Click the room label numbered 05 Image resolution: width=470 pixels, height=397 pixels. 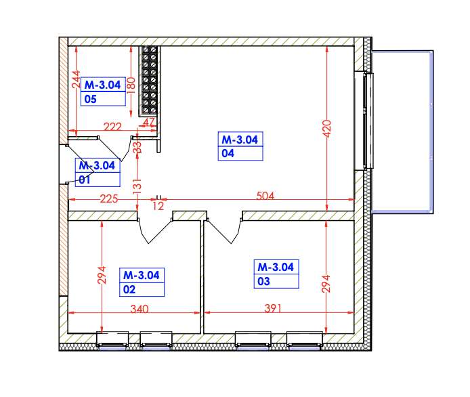coord(103,92)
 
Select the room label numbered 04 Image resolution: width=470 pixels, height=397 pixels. coord(240,146)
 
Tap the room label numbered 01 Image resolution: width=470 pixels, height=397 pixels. coord(98,172)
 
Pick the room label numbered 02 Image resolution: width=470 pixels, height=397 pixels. coord(142,282)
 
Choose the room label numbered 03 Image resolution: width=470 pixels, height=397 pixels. coord(276,274)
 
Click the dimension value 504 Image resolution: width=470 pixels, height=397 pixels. coord(265,196)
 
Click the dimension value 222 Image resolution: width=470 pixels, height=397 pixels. coord(112,127)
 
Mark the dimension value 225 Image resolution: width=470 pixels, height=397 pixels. coord(109,199)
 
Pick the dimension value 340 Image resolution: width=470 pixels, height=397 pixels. coord(139,309)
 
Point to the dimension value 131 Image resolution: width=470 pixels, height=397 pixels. coord(137,182)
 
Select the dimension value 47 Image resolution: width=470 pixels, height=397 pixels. coord(150,122)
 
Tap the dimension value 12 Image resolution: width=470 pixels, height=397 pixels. coord(158,205)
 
